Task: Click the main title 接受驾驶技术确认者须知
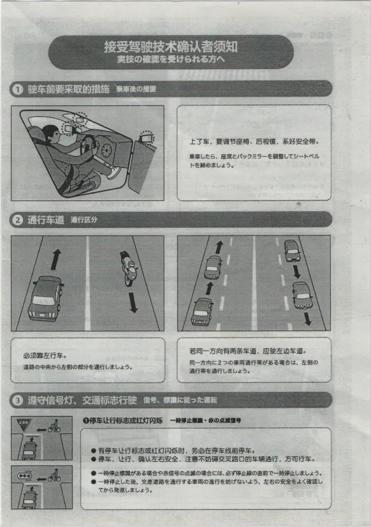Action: click(x=172, y=47)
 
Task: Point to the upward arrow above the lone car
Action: click(x=56, y=258)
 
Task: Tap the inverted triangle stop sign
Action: click(x=25, y=424)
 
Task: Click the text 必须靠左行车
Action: click(x=45, y=355)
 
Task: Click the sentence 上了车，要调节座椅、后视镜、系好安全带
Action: click(x=254, y=141)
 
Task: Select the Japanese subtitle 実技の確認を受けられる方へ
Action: click(x=171, y=59)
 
